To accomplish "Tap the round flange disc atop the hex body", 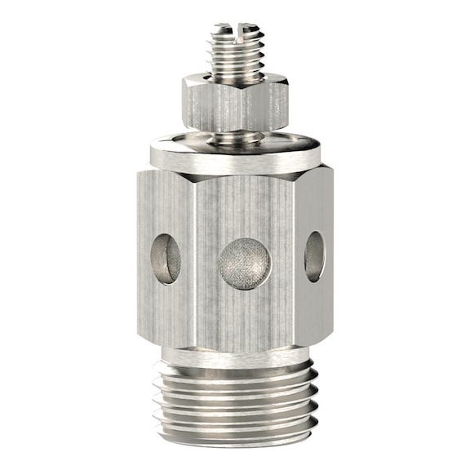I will click(237, 154).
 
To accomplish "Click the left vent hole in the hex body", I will click(166, 259).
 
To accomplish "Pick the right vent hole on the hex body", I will click(314, 255).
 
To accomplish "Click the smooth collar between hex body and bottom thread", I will click(237, 356).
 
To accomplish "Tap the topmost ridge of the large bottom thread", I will click(237, 375).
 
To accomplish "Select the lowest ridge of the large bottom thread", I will click(237, 441).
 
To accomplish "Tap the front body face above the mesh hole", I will click(244, 204).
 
